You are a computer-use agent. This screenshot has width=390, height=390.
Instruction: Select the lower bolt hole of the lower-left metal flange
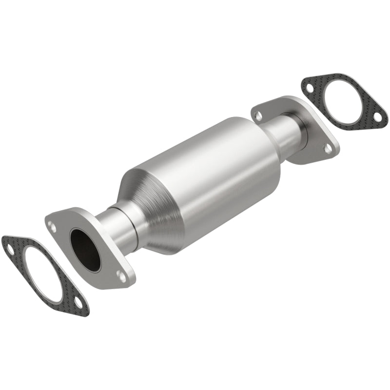(121, 276)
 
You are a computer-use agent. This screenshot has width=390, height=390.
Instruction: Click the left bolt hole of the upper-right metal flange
(259, 116)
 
